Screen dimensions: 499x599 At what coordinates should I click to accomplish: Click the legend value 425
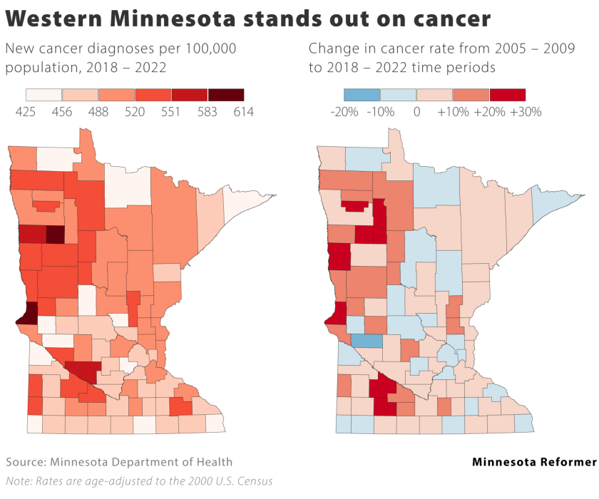(x=26, y=112)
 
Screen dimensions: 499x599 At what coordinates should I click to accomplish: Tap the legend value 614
(x=243, y=112)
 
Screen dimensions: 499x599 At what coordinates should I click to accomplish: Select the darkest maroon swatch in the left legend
(x=225, y=95)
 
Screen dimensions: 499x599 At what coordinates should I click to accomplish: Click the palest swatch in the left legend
(x=44, y=95)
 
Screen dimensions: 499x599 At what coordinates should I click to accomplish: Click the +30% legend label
(x=526, y=112)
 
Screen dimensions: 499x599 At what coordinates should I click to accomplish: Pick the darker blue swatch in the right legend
(x=362, y=95)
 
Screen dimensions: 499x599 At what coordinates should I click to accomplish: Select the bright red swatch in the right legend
(x=507, y=95)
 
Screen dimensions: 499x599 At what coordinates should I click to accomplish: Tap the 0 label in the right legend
(x=416, y=112)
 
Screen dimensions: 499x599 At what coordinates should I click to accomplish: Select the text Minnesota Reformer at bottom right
(x=534, y=462)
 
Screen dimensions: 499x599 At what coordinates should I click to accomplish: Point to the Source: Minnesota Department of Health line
(x=119, y=462)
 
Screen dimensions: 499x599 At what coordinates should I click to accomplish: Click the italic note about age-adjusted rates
(x=139, y=480)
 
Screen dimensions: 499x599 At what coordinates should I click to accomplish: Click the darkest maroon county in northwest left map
(x=55, y=234)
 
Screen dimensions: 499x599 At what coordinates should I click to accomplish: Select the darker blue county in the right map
(x=367, y=341)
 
